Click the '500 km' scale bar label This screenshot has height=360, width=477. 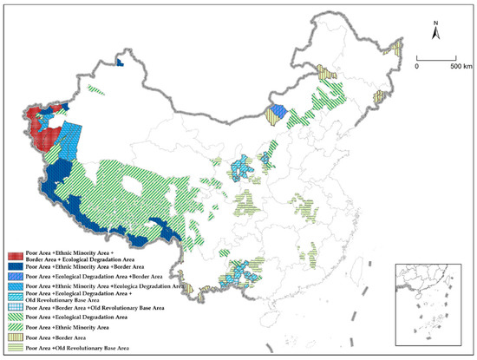461,65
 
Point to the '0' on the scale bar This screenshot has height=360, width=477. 417,65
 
